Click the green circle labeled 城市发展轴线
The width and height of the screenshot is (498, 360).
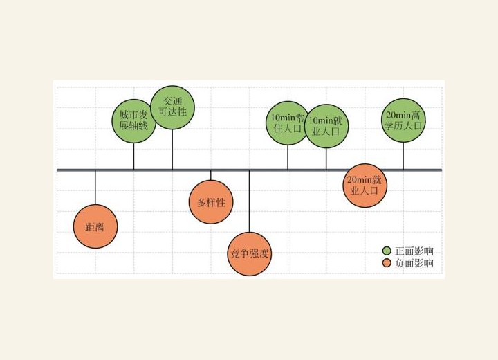pos(133,121)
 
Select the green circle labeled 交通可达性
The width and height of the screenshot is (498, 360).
pos(172,107)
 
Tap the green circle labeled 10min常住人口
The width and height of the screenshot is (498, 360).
pos(288,123)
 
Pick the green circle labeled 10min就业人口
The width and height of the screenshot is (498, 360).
pos(326,126)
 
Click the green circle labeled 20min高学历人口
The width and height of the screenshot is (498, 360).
pos(403,120)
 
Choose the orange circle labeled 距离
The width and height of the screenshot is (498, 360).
pos(95,226)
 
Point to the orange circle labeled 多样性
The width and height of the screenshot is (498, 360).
pos(211,202)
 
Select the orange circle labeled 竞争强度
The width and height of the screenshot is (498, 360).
pos(249,254)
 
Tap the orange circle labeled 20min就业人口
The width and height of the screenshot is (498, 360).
pos(365,186)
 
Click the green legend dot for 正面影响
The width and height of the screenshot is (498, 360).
pos(387,251)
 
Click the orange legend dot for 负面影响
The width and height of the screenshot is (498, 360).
pos(387,263)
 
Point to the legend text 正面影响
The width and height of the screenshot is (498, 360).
pos(414,251)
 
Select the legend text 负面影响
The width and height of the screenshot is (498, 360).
pos(414,263)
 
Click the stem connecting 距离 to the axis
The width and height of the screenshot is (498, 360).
pos(95,188)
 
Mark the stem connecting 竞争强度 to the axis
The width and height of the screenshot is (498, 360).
pos(249,201)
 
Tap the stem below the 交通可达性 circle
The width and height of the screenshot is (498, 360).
pos(172,149)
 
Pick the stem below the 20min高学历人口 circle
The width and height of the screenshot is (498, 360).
pos(403,156)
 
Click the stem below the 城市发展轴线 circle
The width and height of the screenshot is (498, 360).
pos(133,156)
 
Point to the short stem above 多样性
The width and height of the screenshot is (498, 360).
pos(211,176)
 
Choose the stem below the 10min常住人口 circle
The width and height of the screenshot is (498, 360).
pos(288,157)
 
